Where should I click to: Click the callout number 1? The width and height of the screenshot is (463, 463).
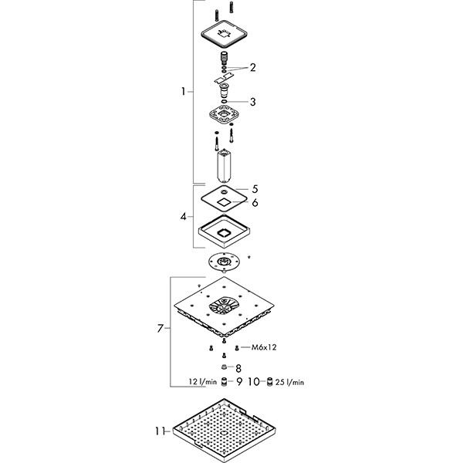coord(183,92)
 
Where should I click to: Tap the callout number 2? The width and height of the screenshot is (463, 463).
coord(252,67)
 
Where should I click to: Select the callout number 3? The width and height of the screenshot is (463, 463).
coord(252,101)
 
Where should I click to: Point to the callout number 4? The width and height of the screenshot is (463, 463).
coord(183,217)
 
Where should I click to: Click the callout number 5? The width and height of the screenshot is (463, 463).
coord(255,188)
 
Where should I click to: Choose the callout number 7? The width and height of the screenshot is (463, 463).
coord(160,329)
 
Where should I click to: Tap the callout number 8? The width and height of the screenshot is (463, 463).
coord(238,368)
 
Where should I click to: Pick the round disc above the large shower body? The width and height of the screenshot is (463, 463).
coord(224,264)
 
